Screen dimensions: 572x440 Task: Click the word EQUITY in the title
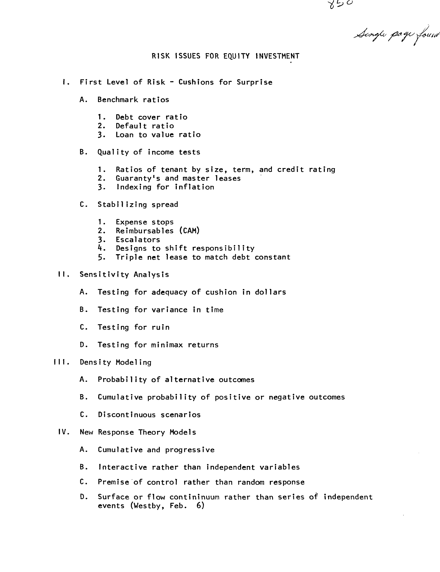tap(236, 56)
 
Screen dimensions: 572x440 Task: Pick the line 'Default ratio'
tap(145, 126)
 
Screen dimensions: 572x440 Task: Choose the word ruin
tap(161, 327)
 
